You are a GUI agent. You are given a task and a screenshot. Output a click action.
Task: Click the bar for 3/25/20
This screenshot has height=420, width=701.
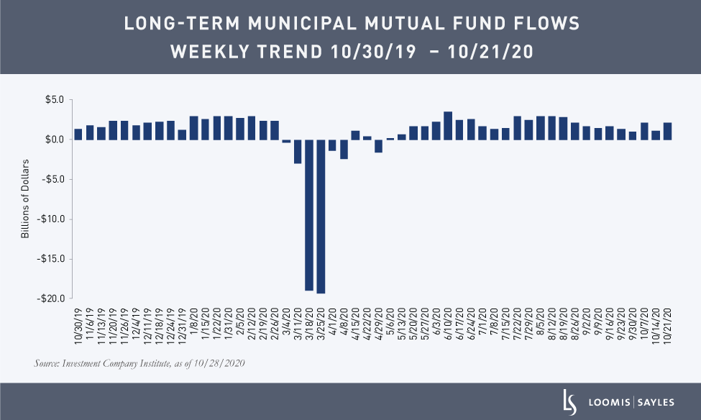321,216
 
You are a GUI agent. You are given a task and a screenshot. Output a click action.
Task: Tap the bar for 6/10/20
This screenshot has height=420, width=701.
448,125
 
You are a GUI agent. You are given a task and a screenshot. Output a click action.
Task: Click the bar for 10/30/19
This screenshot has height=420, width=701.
78,134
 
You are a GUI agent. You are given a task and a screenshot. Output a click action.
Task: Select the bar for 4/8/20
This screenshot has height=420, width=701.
344,149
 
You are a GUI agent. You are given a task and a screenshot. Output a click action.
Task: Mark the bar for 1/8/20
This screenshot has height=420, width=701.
194,127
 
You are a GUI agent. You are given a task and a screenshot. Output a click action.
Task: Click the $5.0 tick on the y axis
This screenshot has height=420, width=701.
55,100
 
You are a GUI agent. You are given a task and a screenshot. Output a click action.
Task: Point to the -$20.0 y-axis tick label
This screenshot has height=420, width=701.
52,298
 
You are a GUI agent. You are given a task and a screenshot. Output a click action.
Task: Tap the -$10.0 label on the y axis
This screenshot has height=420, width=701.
52,219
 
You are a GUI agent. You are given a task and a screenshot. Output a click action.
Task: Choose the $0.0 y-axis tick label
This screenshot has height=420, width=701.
55,140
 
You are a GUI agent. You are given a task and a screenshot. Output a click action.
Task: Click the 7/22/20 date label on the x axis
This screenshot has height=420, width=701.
518,327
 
